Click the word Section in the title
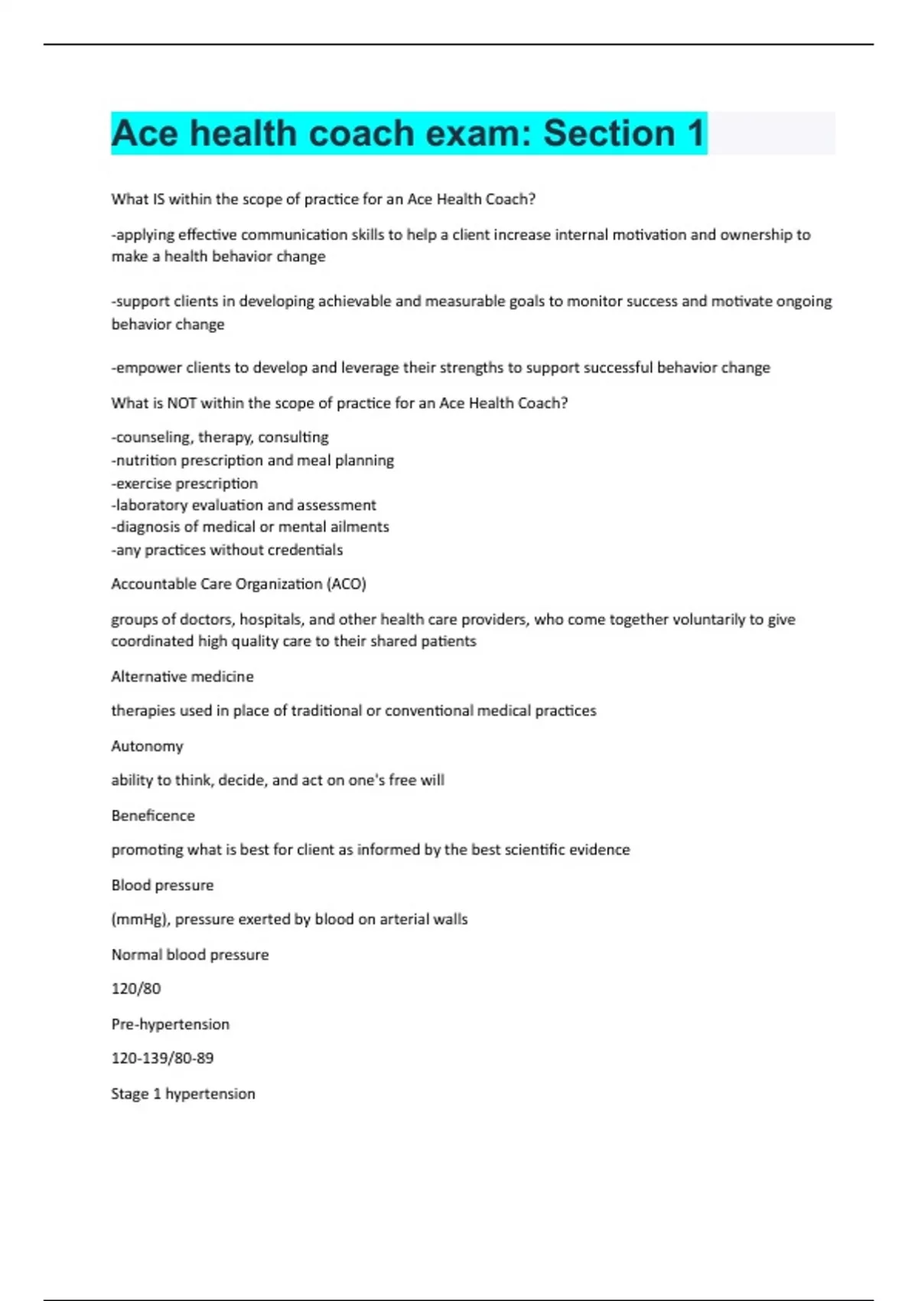(x=609, y=133)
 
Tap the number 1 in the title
(x=695, y=133)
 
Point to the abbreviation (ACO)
(x=347, y=584)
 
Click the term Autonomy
(x=147, y=746)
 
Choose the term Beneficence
(x=153, y=816)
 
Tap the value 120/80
(x=136, y=989)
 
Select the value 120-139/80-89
(x=162, y=1058)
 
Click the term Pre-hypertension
(x=170, y=1024)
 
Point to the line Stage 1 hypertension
(x=183, y=1094)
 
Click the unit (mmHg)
(x=141, y=919)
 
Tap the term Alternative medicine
(x=182, y=677)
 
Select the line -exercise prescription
(x=184, y=484)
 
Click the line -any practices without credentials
(x=226, y=549)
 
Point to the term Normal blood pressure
(x=190, y=954)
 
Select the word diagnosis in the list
(x=148, y=527)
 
